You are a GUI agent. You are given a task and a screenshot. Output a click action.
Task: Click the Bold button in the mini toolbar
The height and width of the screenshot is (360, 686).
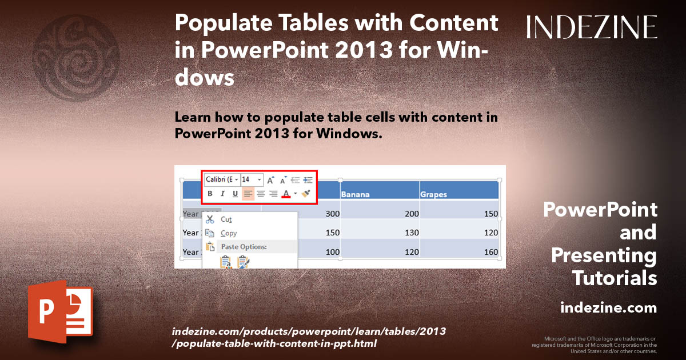[x=210, y=194]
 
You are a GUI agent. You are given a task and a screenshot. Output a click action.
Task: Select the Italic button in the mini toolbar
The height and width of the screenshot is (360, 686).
[x=222, y=194]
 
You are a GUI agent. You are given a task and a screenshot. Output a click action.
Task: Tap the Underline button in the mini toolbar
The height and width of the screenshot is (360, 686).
[x=235, y=194]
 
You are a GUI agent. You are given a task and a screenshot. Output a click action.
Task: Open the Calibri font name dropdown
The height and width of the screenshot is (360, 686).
[x=222, y=179]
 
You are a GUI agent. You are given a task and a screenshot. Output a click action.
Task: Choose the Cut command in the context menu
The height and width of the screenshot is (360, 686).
[x=226, y=219]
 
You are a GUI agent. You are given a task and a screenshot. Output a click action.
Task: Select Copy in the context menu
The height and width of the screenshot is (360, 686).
[x=229, y=233]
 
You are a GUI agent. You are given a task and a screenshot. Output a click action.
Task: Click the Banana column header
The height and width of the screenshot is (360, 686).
[x=355, y=194]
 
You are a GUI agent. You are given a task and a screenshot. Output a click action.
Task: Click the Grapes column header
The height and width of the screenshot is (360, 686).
[x=434, y=194]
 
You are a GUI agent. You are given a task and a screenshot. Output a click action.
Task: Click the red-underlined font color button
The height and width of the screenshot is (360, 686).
[x=286, y=194]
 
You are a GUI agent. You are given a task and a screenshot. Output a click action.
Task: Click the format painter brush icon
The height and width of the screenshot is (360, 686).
[x=306, y=194]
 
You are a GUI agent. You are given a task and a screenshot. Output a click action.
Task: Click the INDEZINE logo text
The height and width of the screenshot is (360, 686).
[x=592, y=27]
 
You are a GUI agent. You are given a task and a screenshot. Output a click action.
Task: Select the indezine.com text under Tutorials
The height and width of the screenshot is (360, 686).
[x=608, y=308]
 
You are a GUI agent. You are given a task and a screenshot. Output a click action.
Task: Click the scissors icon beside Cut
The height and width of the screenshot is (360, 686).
[x=210, y=219]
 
